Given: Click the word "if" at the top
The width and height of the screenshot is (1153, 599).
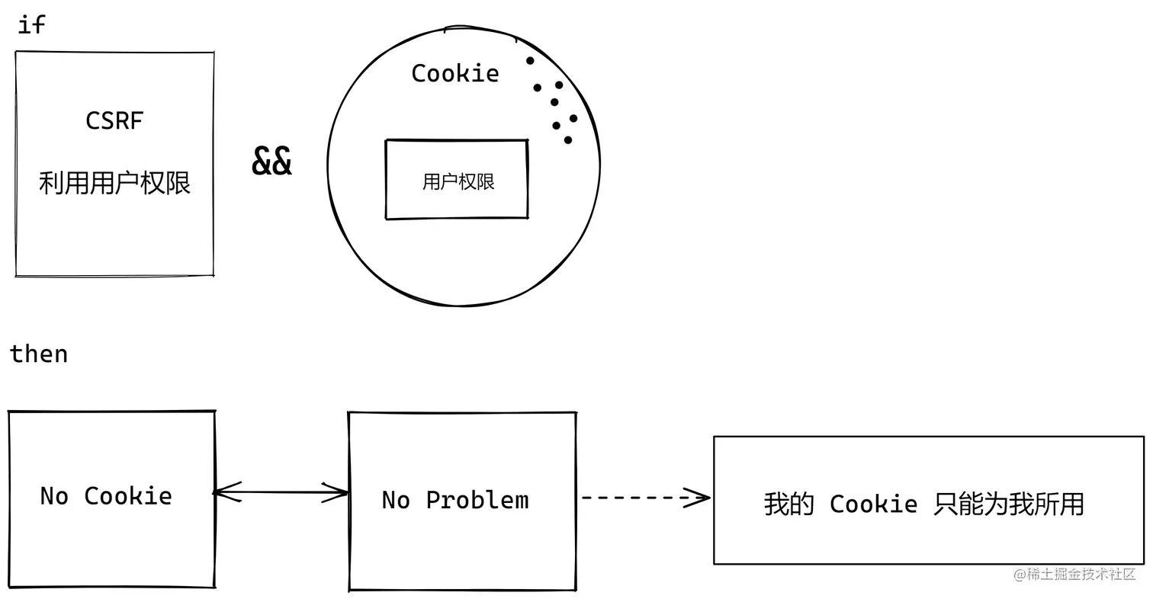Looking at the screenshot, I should [31, 24].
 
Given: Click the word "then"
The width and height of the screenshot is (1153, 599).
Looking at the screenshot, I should [39, 354].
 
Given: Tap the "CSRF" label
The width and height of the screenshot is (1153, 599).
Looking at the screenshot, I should [114, 120].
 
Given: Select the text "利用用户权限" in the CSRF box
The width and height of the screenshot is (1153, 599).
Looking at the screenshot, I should [114, 183].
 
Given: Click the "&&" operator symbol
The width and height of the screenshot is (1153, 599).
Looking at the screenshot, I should [271, 161].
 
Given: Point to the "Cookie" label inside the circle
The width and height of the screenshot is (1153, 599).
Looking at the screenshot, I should [455, 73].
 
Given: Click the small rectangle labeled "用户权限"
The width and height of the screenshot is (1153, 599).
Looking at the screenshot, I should [457, 181].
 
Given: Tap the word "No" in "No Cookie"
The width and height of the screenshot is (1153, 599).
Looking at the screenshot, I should [54, 496].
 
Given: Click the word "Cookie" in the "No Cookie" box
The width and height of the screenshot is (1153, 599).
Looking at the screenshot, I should [127, 496].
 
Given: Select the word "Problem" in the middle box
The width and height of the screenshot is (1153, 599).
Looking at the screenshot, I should [477, 500].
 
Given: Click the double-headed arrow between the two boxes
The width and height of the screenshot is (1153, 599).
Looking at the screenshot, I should [281, 493].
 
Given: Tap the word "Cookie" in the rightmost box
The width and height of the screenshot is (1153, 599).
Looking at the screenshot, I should [873, 504].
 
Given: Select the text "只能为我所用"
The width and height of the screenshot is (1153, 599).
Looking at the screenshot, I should [1008, 504].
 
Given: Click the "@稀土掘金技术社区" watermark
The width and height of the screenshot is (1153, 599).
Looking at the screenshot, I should [1074, 575].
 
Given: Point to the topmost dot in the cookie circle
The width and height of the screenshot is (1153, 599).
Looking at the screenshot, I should [530, 60].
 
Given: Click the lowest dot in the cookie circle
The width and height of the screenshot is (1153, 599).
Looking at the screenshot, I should [568, 139].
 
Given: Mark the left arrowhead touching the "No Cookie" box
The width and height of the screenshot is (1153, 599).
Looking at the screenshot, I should [224, 493].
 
